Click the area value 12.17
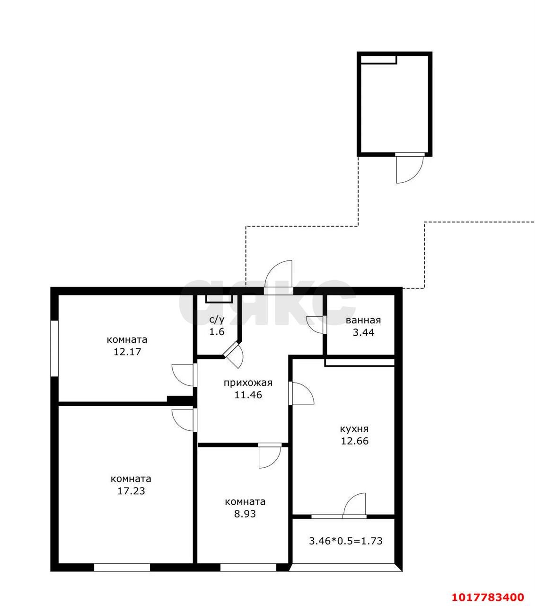127,352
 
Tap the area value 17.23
131,491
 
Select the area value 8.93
245,514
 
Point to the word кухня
354,429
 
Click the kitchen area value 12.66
355,441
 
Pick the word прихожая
248,383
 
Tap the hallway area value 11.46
248,395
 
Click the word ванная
363,321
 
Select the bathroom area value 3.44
363,332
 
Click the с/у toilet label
217,320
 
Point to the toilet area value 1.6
217,332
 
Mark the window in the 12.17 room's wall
54,348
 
